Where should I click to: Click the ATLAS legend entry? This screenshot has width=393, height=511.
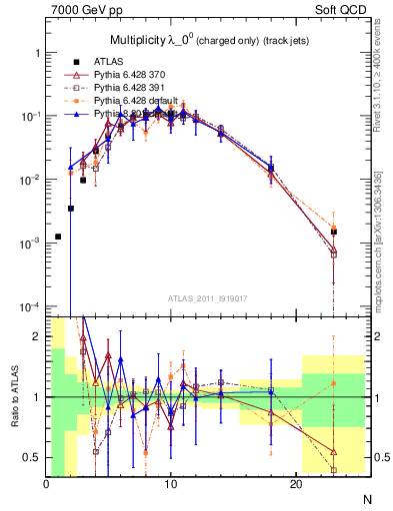coord(114,61)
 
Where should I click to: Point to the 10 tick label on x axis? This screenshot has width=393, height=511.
coord(171,484)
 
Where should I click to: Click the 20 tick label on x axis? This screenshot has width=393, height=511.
coord(296,484)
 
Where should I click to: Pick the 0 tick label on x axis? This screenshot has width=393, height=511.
coord(47,484)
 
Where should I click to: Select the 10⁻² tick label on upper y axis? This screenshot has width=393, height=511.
coord(27,180)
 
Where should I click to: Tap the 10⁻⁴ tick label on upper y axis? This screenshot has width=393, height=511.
coord(27,306)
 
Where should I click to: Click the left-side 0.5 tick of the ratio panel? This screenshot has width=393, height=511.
coord(33,457)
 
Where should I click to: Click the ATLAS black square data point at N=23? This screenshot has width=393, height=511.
coord(334,232)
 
